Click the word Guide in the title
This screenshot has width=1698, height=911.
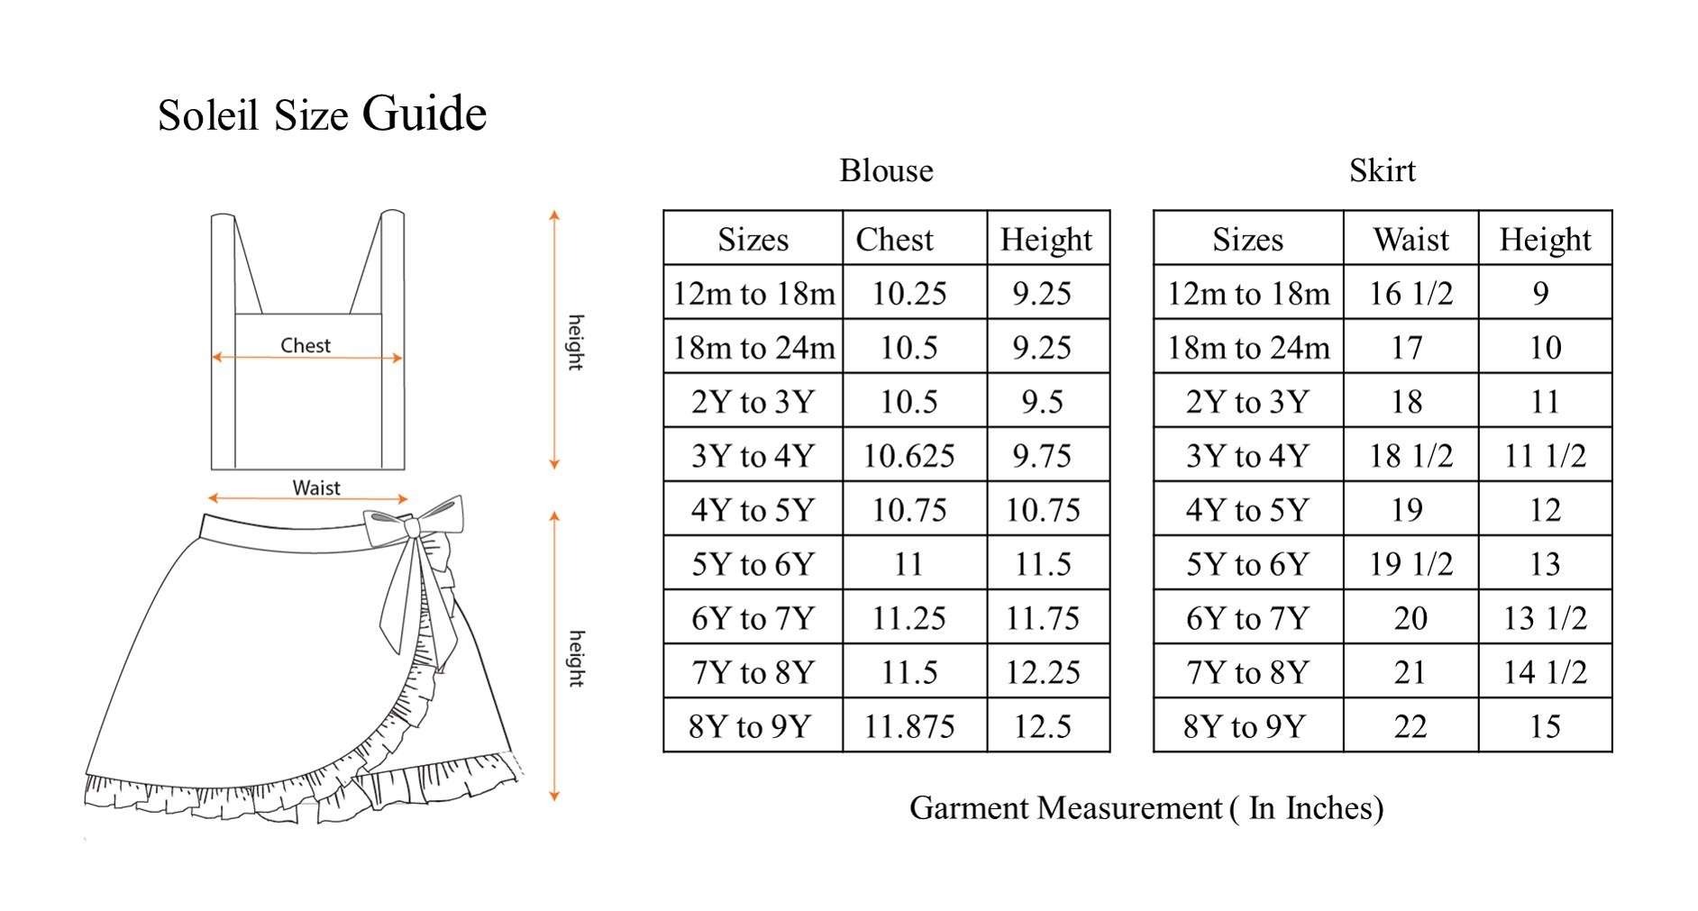pyautogui.click(x=424, y=114)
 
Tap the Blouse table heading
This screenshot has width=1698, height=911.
pyautogui.click(x=886, y=170)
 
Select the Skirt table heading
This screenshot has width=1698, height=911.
pyautogui.click(x=1382, y=170)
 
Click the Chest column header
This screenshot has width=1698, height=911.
pyautogui.click(x=894, y=240)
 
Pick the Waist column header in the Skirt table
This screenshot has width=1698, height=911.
pyautogui.click(x=1410, y=240)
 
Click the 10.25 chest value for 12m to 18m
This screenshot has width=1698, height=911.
pyautogui.click(x=908, y=294)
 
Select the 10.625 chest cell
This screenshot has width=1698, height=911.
pyautogui.click(x=908, y=456)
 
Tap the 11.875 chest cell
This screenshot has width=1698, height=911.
pyautogui.click(x=908, y=726)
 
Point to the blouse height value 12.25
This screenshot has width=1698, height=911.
pyautogui.click(x=1043, y=672)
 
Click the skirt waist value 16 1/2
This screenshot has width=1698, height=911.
pyautogui.click(x=1410, y=294)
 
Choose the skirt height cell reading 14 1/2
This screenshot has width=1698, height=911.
pyautogui.click(x=1545, y=672)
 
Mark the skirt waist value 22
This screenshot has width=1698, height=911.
pyautogui.click(x=1410, y=726)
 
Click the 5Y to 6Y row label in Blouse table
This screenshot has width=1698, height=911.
pyautogui.click(x=753, y=564)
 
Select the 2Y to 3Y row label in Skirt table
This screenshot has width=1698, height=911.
pyautogui.click(x=1247, y=402)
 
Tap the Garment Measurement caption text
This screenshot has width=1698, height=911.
pyautogui.click(x=1146, y=808)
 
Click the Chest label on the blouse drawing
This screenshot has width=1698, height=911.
pyautogui.click(x=306, y=345)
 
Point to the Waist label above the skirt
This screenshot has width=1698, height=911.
pyautogui.click(x=316, y=487)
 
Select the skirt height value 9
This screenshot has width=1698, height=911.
pyautogui.click(x=1541, y=294)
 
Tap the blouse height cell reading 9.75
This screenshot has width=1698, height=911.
pyautogui.click(x=1043, y=456)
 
